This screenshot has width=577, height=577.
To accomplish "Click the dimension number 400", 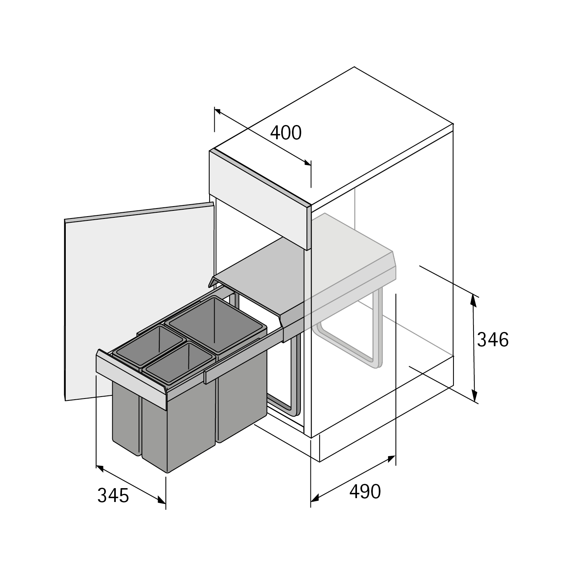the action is [x=286, y=133].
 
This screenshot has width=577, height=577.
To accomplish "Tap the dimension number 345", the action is [x=113, y=495].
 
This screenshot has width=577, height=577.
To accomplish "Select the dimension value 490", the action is [x=365, y=492].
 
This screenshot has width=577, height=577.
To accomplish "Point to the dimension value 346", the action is [x=493, y=340].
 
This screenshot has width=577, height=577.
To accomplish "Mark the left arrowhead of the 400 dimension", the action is [x=218, y=112].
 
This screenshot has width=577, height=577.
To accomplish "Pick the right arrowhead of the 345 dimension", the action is [x=162, y=500].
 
